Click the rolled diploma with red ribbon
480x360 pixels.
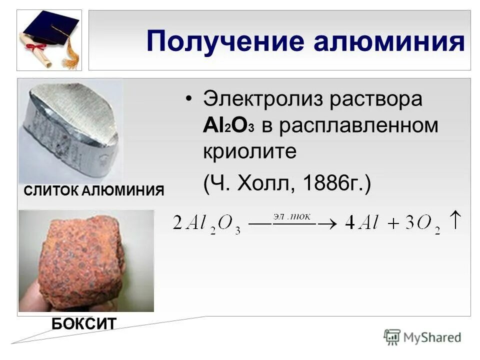click(33, 47)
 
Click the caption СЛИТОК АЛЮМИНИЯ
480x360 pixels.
click(93, 190)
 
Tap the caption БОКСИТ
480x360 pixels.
click(83, 323)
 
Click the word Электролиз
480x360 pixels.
click(258, 99)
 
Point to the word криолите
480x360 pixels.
click(249, 151)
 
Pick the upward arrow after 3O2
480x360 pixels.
click(455, 220)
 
